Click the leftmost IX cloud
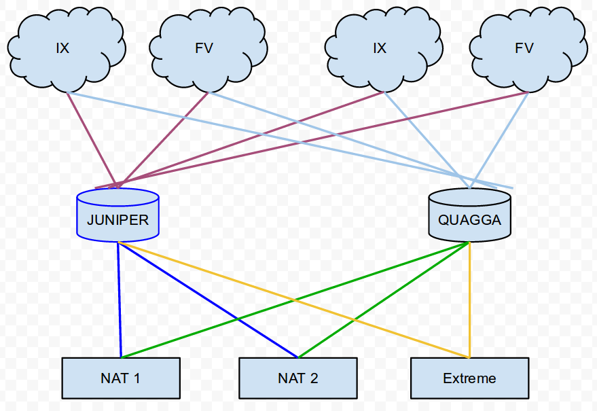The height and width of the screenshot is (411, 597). point(62,49)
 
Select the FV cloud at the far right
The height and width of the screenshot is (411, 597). point(524,49)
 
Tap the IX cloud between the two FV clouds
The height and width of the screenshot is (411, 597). point(380,49)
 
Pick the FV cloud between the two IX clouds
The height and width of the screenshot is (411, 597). point(204,49)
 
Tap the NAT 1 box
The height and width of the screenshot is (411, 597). point(121,378)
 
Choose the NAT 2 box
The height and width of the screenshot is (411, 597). point(297,378)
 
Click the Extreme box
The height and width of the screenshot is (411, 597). point(469,378)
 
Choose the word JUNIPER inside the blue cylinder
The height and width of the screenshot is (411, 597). point(118,220)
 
